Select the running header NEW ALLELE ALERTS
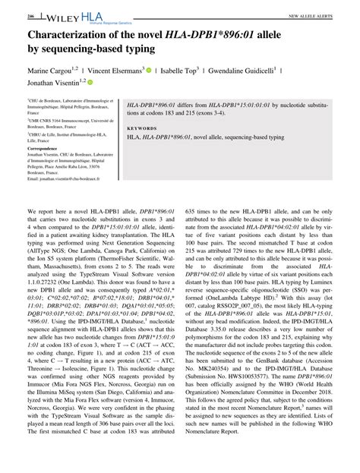pos(310,15)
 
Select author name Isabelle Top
pos(183,69)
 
